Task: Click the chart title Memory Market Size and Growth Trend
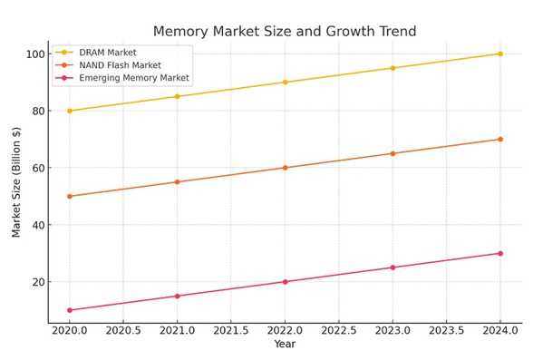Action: (x=285, y=32)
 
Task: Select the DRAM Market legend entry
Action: (x=108, y=53)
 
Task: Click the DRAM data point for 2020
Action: (x=70, y=111)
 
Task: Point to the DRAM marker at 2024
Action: (x=499, y=54)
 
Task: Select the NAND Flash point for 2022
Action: (x=285, y=168)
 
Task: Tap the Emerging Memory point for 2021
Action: (x=177, y=296)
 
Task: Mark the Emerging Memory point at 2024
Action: (x=499, y=253)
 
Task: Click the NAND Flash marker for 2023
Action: (x=393, y=153)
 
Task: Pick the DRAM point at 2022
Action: (x=285, y=83)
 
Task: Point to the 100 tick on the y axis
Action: (x=34, y=54)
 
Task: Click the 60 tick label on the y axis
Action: (x=37, y=168)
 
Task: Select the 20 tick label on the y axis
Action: (x=37, y=282)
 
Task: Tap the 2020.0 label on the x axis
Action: (x=70, y=332)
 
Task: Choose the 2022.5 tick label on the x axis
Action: (x=338, y=332)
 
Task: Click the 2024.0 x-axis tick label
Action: (x=499, y=332)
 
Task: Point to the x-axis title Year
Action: (x=285, y=345)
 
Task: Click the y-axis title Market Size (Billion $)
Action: (x=16, y=181)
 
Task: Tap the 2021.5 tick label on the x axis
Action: (x=231, y=332)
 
